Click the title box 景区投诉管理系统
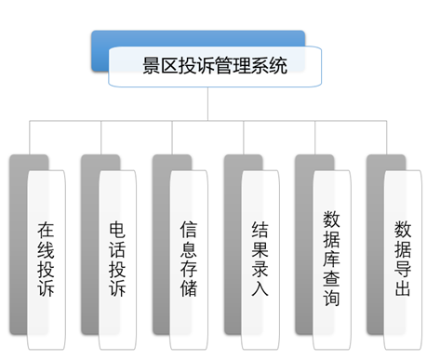click(215, 67)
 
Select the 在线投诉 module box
click(47, 256)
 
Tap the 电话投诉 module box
click(118, 256)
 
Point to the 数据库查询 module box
click(332, 256)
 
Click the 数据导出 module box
click(404, 256)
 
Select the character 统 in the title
click(278, 67)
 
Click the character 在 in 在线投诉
click(47, 227)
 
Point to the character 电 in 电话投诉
click(118, 227)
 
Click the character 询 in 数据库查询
click(332, 300)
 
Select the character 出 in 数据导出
click(404, 287)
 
